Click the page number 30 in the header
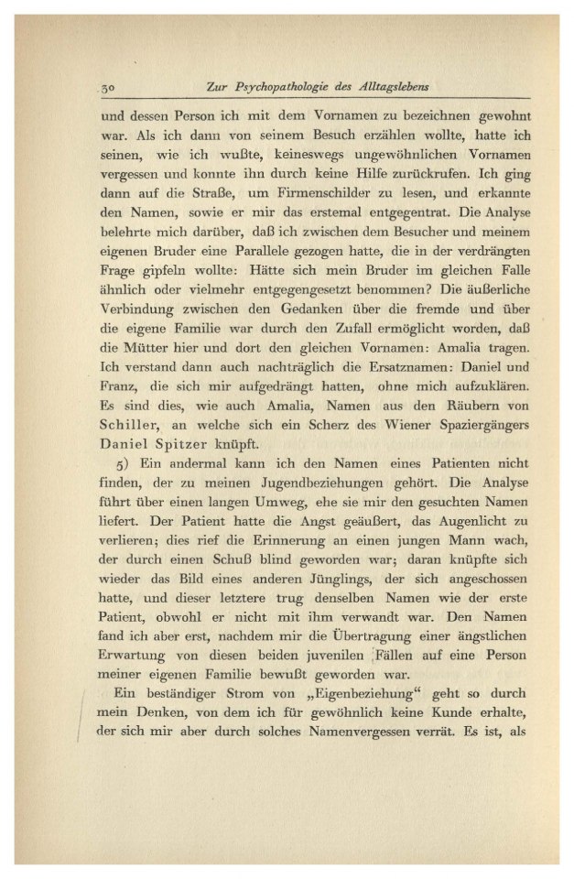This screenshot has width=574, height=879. click(x=107, y=88)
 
